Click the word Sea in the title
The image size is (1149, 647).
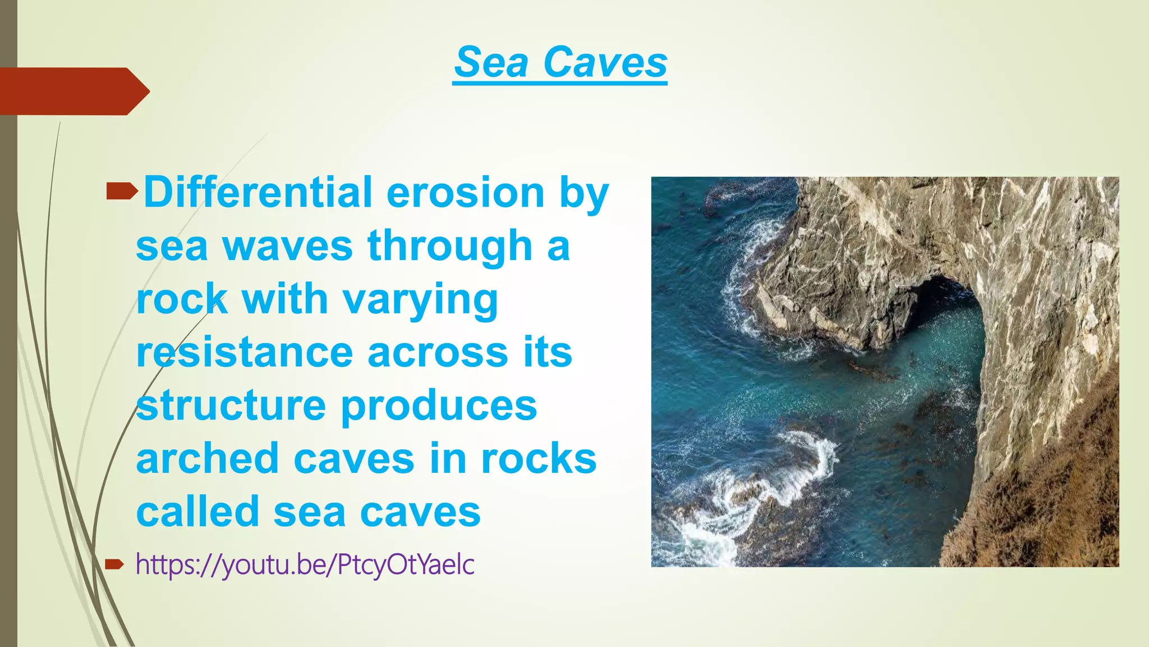pos(491,62)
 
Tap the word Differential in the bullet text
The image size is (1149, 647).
pos(258,193)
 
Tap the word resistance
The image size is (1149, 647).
pos(245,352)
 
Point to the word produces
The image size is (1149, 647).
pos(439,405)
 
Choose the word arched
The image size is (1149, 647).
pos(208,459)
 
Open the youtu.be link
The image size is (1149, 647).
pos(305,564)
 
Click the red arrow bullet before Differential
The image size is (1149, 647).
pos(121,193)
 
